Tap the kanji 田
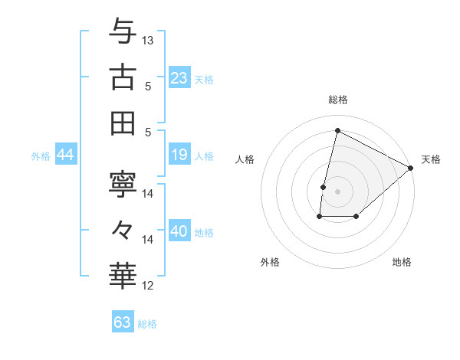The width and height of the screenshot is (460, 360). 123,123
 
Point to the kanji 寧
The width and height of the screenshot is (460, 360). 123,183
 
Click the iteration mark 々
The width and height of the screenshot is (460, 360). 123,229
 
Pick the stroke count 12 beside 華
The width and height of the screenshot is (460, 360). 149,286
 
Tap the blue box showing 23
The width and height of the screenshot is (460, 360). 179,77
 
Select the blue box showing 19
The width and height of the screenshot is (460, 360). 179,155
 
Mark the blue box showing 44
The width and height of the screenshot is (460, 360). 65,155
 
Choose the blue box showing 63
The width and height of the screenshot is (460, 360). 122,322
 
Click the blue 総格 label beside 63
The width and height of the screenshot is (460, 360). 147,324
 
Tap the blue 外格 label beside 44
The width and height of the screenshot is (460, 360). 41,156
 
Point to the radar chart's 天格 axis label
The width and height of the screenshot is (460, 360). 431,159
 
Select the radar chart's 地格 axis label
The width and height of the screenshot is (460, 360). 402,262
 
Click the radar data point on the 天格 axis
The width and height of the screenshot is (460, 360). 411,168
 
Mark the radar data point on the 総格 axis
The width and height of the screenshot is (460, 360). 337,131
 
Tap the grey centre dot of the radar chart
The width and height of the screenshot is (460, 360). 337,191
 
